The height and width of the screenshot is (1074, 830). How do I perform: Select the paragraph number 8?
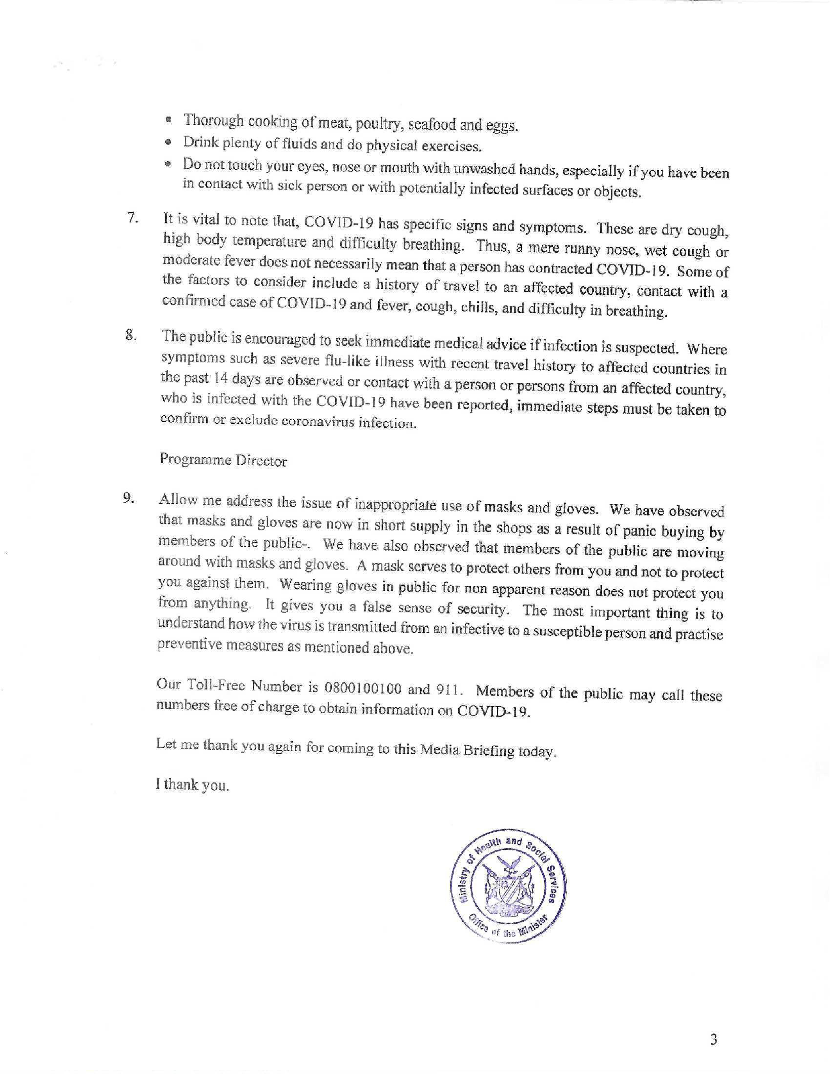pyautogui.click(x=130, y=336)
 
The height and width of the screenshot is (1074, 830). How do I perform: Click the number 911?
pyautogui.click(x=450, y=690)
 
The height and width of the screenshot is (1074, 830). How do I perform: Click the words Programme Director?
pyautogui.click(x=223, y=460)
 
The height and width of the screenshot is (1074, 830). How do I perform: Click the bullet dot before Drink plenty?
pyautogui.click(x=168, y=143)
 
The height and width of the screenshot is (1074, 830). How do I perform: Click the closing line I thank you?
pyautogui.click(x=192, y=785)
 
